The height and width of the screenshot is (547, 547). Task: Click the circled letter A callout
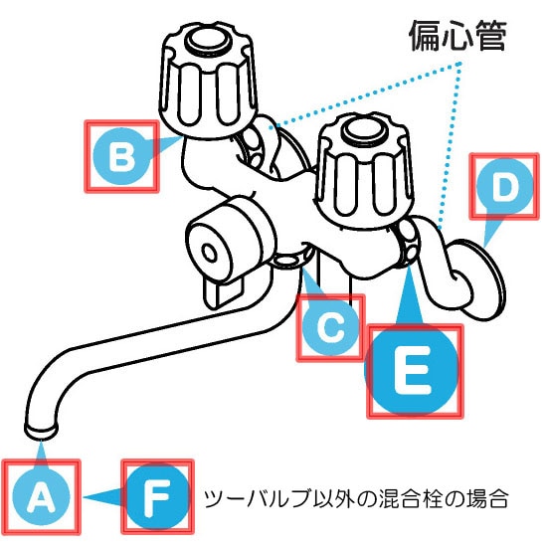[41, 496]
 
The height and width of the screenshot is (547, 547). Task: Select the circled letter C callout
[331, 328]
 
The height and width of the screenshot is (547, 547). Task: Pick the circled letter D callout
[504, 186]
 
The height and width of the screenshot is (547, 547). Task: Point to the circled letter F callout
[157, 496]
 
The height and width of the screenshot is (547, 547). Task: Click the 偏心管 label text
[457, 36]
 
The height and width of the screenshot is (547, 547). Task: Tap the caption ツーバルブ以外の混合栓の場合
[356, 498]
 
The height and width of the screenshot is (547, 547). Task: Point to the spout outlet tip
[41, 430]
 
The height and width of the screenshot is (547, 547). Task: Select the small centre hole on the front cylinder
[210, 253]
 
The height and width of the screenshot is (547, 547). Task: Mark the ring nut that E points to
[408, 243]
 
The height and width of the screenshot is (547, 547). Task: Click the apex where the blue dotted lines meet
[460, 64]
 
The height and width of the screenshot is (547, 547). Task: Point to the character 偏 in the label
[424, 36]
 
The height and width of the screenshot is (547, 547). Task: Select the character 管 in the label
[491, 36]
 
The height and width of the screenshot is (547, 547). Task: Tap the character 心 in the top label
[457, 36]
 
